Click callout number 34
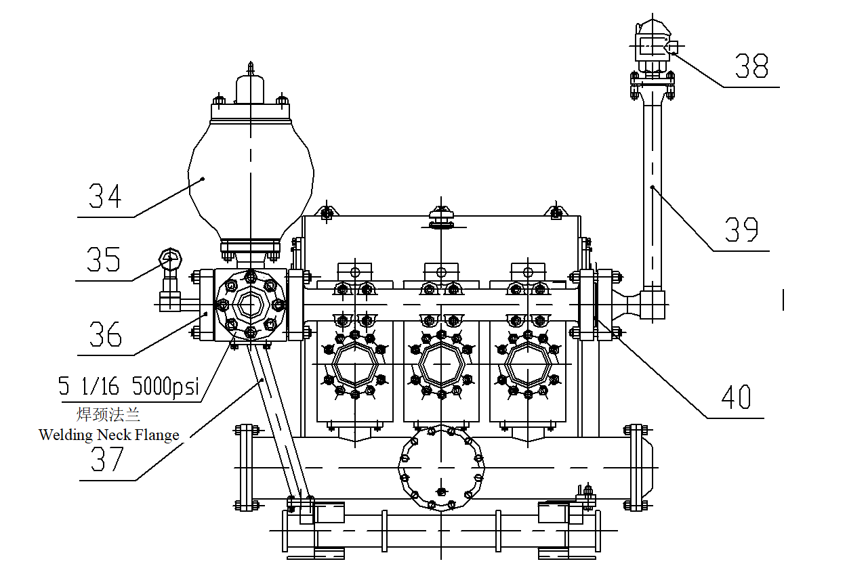pos(105,196)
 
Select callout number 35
pos(103,259)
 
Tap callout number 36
pos(105,334)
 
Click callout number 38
pos(751,66)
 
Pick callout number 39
pos(741,229)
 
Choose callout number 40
pos(736,397)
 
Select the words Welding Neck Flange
pos(109,435)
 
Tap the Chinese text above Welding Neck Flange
pos(108,414)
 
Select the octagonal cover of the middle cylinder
pos(441,364)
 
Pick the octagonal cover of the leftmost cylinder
pos(354,364)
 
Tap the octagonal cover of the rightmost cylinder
pos(528,364)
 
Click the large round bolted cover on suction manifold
pos(441,467)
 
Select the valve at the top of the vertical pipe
pos(652,46)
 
